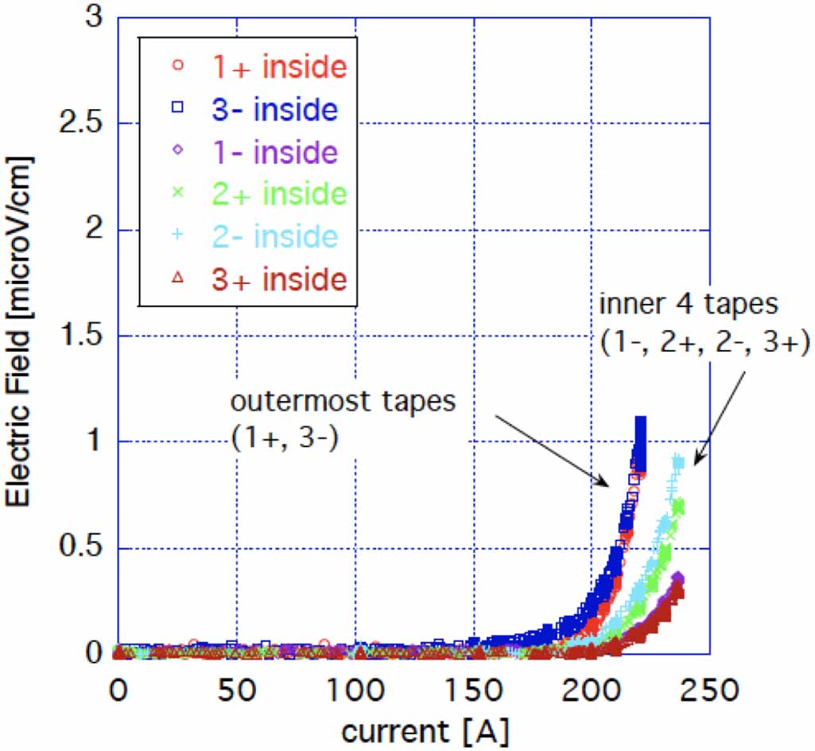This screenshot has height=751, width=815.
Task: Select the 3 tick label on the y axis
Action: coord(95,18)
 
